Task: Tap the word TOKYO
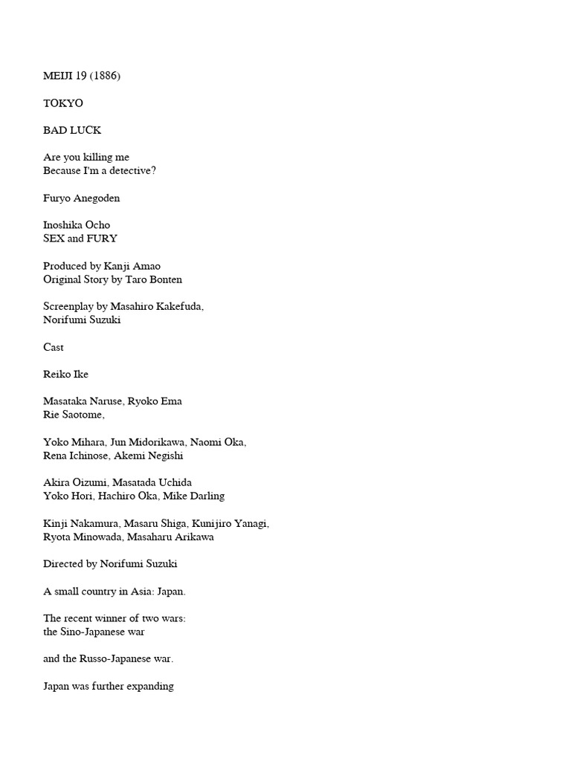pyautogui.click(x=63, y=103)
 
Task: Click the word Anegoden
pyautogui.click(x=97, y=198)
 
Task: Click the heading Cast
pyautogui.click(x=54, y=347)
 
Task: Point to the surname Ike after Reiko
pyautogui.click(x=80, y=375)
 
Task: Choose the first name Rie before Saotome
pyautogui.click(x=51, y=415)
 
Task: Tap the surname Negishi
pyautogui.click(x=163, y=456)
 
